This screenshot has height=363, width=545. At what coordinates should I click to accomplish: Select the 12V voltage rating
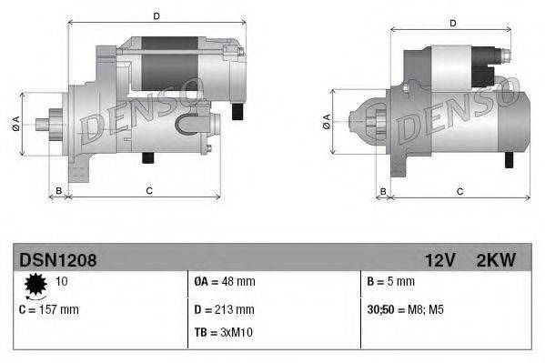coord(439,261)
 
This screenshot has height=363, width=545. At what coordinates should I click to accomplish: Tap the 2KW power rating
coord(496,261)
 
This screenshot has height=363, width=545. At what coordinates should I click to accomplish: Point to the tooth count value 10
coord(63,281)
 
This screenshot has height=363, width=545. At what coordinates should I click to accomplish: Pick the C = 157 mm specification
coord(49,309)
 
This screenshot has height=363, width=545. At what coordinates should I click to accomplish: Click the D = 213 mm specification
coord(225,309)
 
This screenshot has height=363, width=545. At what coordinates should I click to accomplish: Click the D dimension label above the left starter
coord(156,15)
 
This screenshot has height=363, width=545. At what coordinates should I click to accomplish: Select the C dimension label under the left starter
coord(148,190)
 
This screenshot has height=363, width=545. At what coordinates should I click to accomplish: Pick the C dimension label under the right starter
coord(459,191)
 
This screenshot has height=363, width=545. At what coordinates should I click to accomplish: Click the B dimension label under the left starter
coord(59,190)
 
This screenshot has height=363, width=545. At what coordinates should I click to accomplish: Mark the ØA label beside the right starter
coord(326,121)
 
